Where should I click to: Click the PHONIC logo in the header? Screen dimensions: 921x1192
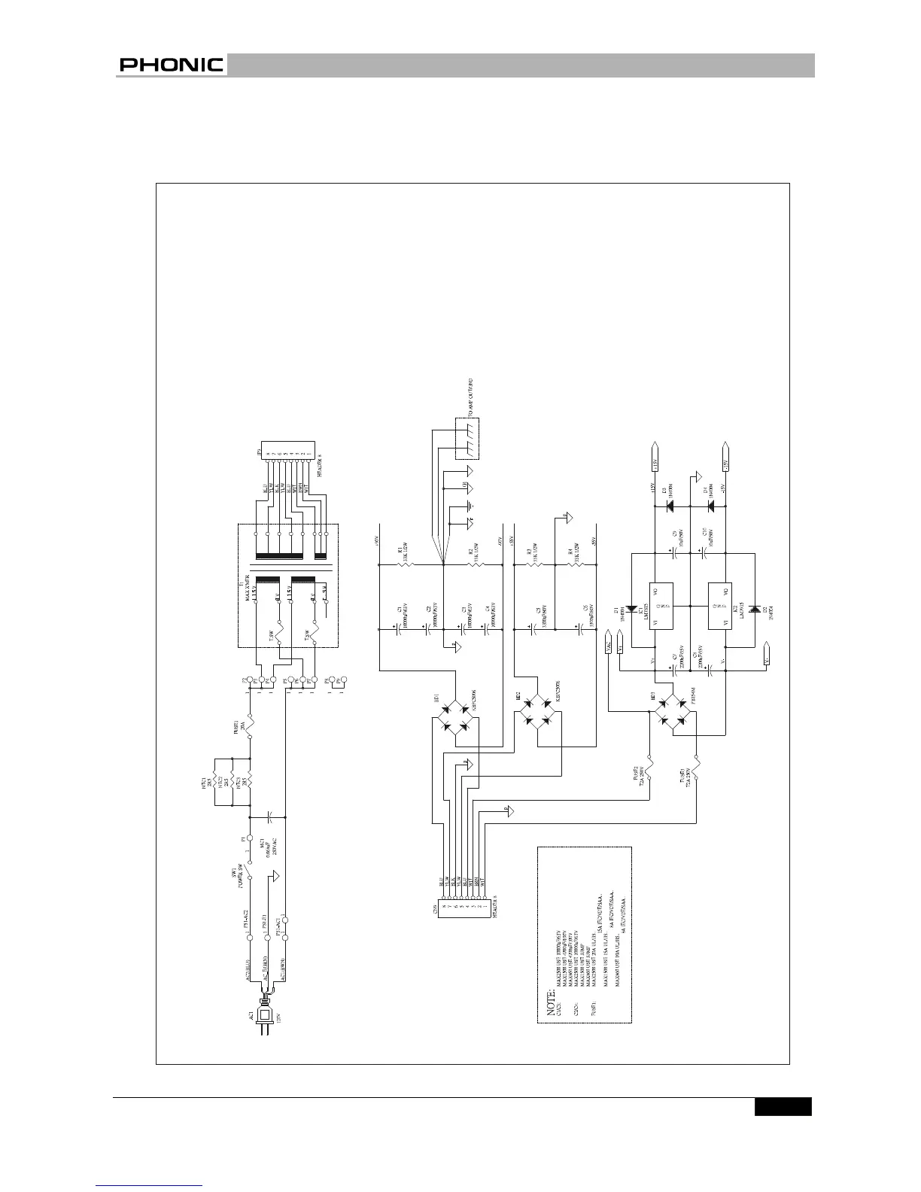coord(171,65)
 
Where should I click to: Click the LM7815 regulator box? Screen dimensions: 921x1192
coord(660,604)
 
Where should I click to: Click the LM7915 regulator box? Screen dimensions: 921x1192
coord(719,604)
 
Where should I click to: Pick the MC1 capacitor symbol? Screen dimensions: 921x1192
coord(270,816)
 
